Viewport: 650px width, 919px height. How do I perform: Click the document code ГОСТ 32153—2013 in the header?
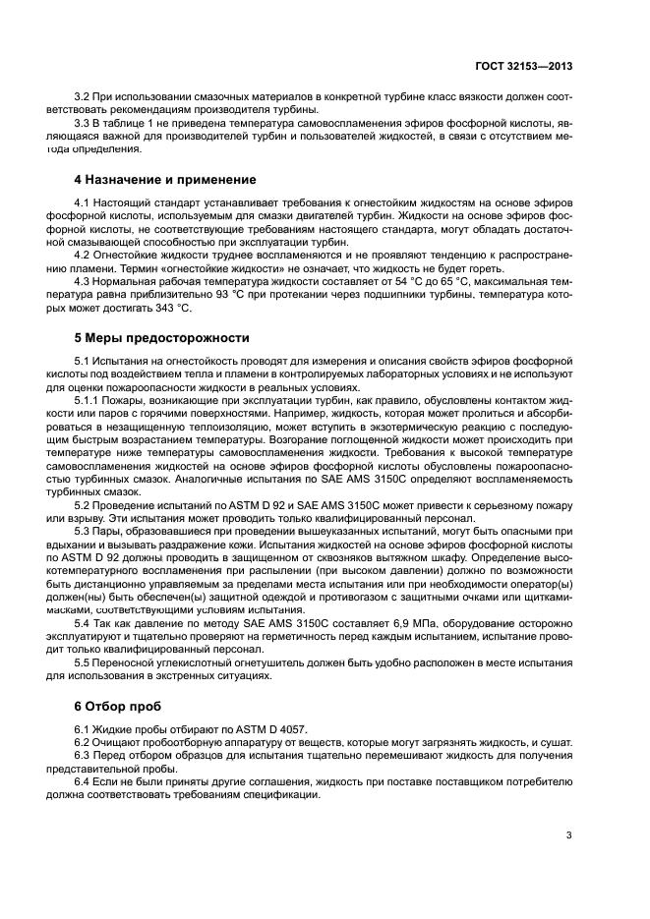click(523, 66)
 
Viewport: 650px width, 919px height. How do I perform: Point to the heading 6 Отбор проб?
click(116, 706)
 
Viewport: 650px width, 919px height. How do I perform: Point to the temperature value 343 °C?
click(174, 309)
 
